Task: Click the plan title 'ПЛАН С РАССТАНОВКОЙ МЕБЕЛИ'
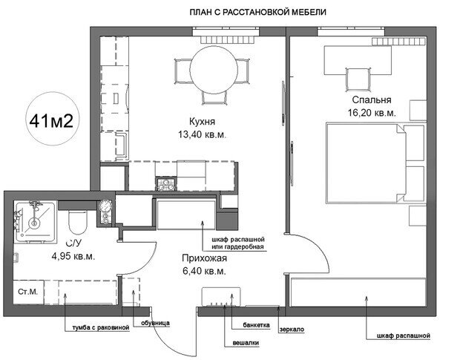point(258,13)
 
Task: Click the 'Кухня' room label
point(202,122)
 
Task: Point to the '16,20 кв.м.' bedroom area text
point(372,113)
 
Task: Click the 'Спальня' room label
point(372,99)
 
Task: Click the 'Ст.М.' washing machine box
point(28,292)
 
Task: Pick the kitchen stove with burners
point(166,183)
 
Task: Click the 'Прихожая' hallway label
point(205,258)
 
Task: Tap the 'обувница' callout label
point(155,323)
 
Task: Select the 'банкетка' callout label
point(256,325)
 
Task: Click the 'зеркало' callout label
point(292,329)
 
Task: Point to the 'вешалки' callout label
point(246,343)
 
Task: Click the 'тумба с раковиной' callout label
point(101,327)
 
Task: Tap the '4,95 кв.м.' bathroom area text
point(73,256)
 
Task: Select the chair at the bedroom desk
point(357,79)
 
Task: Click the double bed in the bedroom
point(375,163)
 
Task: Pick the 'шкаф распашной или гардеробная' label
point(238,243)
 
